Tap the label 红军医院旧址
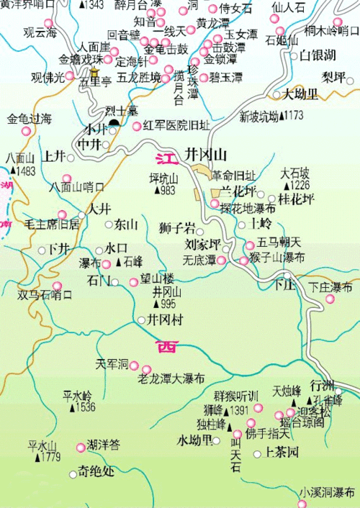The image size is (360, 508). click(x=176, y=126)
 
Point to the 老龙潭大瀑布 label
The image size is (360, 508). click(x=171, y=378)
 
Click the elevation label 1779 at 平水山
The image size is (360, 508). click(x=50, y=457)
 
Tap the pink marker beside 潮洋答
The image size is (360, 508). click(x=81, y=448)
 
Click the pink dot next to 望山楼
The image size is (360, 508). click(x=134, y=282)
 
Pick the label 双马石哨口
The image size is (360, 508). click(x=45, y=294)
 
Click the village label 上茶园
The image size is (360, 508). click(x=282, y=453)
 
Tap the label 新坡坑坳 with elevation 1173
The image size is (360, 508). click(x=271, y=115)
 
